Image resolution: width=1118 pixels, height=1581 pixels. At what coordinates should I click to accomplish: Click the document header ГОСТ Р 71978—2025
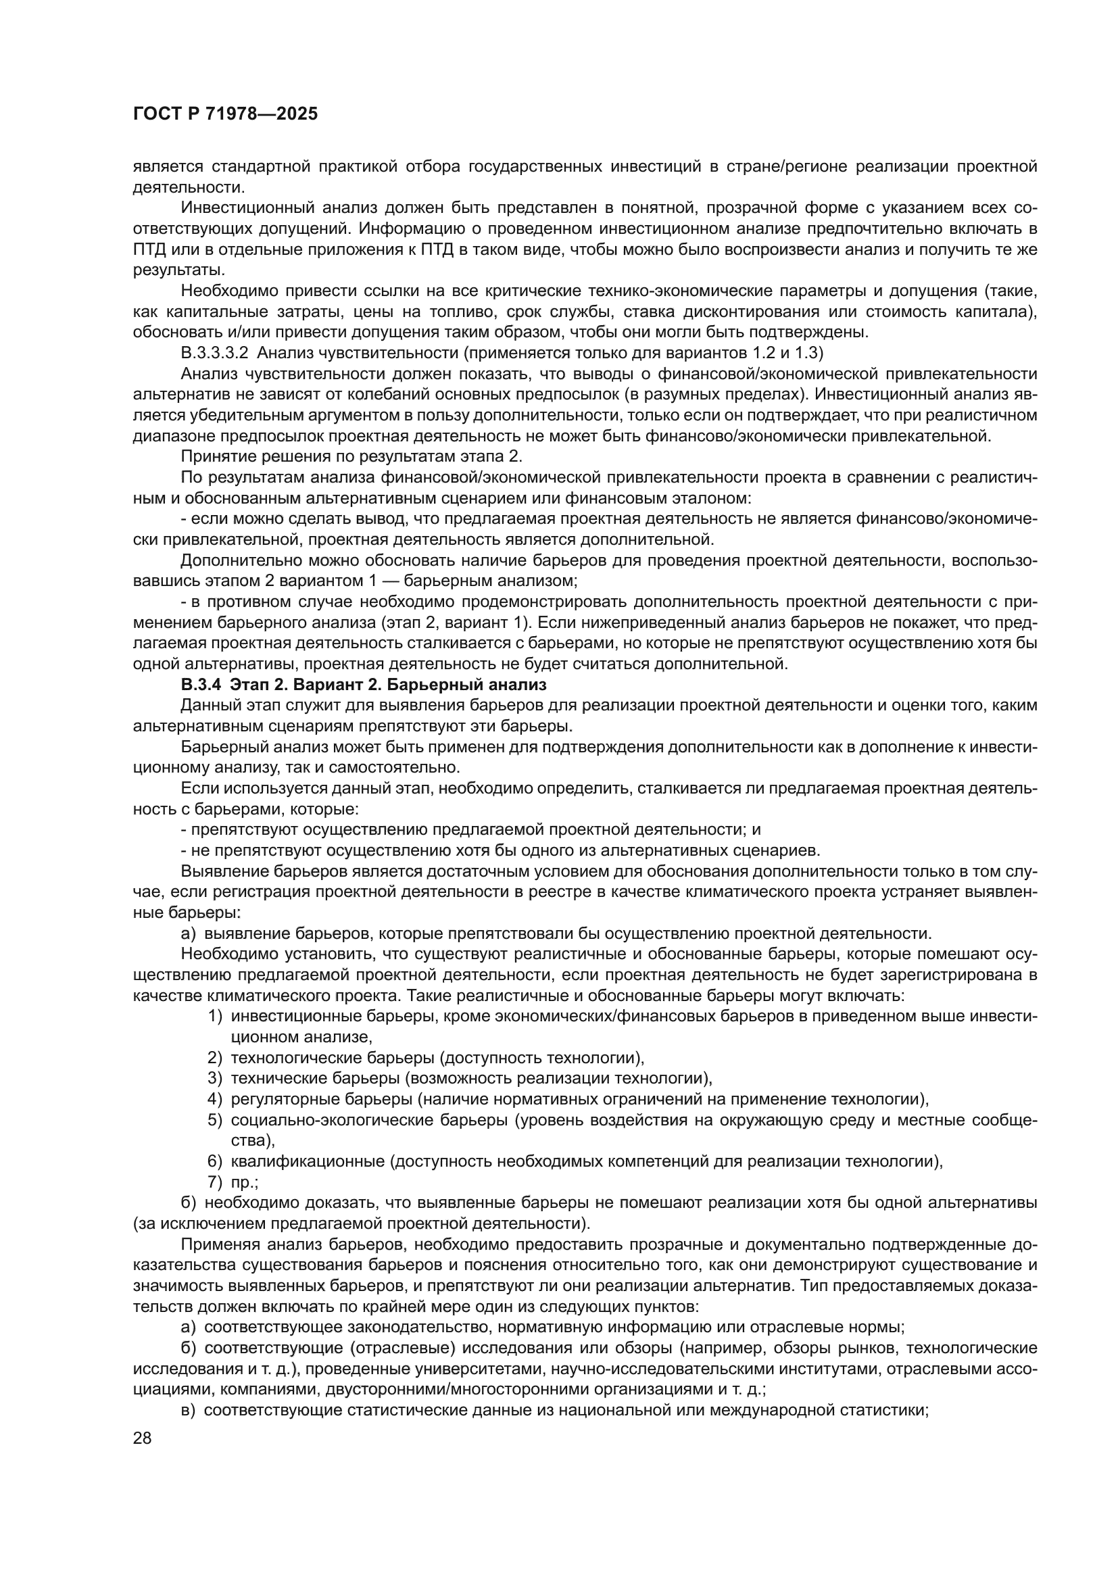(225, 114)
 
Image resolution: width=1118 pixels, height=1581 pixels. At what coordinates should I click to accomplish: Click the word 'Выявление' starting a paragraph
(223, 872)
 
